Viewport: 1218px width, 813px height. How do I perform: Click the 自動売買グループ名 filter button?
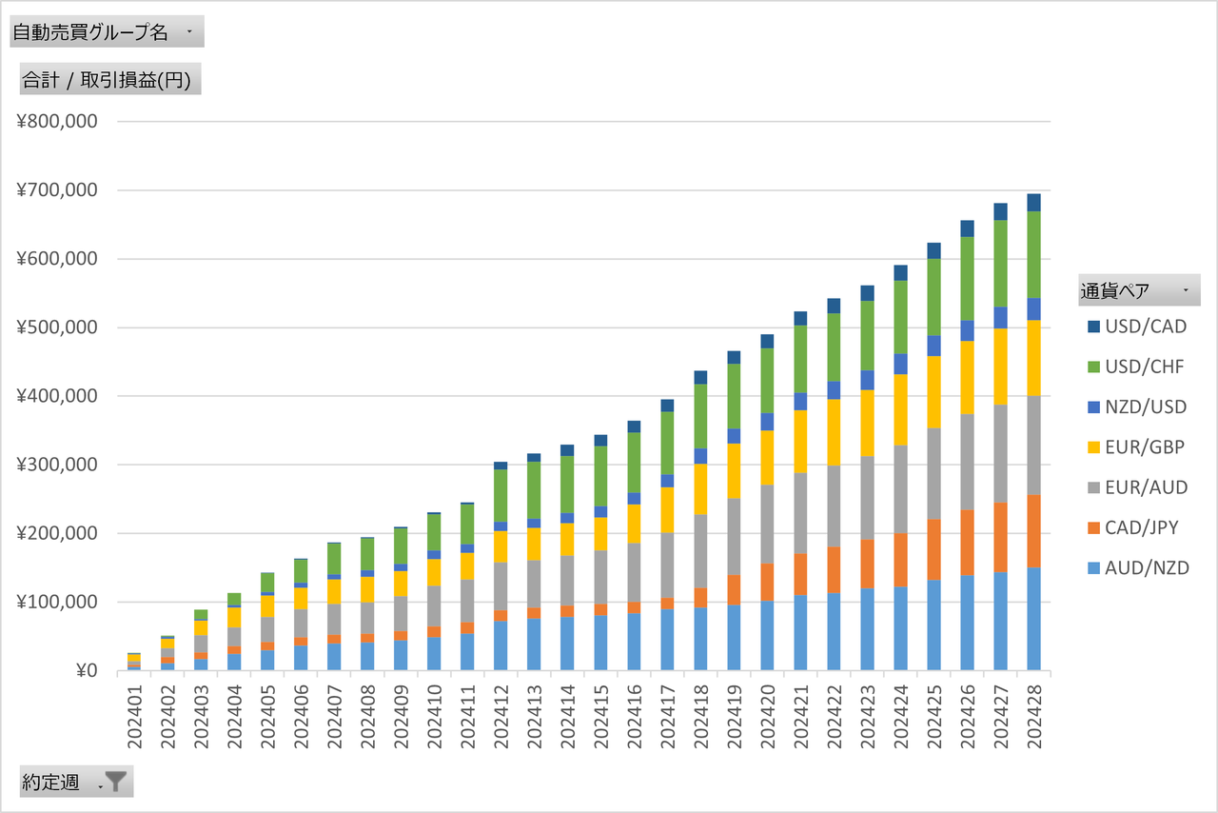[106, 32]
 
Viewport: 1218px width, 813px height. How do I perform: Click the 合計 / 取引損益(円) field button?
[106, 81]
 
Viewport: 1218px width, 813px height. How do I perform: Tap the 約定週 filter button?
[76, 783]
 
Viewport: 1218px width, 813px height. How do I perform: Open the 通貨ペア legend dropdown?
[1139, 290]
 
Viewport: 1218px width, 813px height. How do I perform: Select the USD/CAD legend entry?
[1146, 327]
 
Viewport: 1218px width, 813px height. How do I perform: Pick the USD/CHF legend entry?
[1146, 367]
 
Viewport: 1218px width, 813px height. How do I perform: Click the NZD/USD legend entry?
[1146, 407]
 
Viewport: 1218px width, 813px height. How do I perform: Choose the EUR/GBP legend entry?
[1146, 447]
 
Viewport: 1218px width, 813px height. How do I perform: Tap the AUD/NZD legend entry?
[1146, 568]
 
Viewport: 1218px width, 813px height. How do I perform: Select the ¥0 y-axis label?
[85, 671]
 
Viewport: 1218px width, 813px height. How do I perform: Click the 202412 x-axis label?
[501, 710]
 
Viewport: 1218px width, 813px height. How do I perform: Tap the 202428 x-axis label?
[1033, 710]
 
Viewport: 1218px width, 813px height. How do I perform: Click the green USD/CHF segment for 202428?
[1033, 254]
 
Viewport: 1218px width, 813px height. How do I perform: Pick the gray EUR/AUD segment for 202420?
[767, 525]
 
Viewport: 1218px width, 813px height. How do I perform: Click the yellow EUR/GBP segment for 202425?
[933, 391]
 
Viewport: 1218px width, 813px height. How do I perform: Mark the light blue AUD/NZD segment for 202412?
[501, 645]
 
